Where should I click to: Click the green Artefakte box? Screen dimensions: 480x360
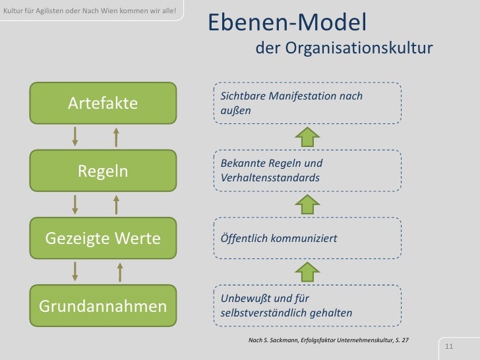(102, 103)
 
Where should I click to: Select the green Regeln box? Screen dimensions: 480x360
(102, 171)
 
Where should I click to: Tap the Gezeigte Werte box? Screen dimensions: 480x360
(102, 238)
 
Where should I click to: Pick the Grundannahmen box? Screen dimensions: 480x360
(102, 307)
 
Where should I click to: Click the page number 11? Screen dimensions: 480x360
(452, 347)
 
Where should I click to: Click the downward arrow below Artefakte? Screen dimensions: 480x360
(75, 136)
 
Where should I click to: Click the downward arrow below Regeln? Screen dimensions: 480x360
(75, 204)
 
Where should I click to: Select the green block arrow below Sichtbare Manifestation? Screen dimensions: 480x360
(306, 137)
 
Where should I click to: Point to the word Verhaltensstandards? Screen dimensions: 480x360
(270, 178)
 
